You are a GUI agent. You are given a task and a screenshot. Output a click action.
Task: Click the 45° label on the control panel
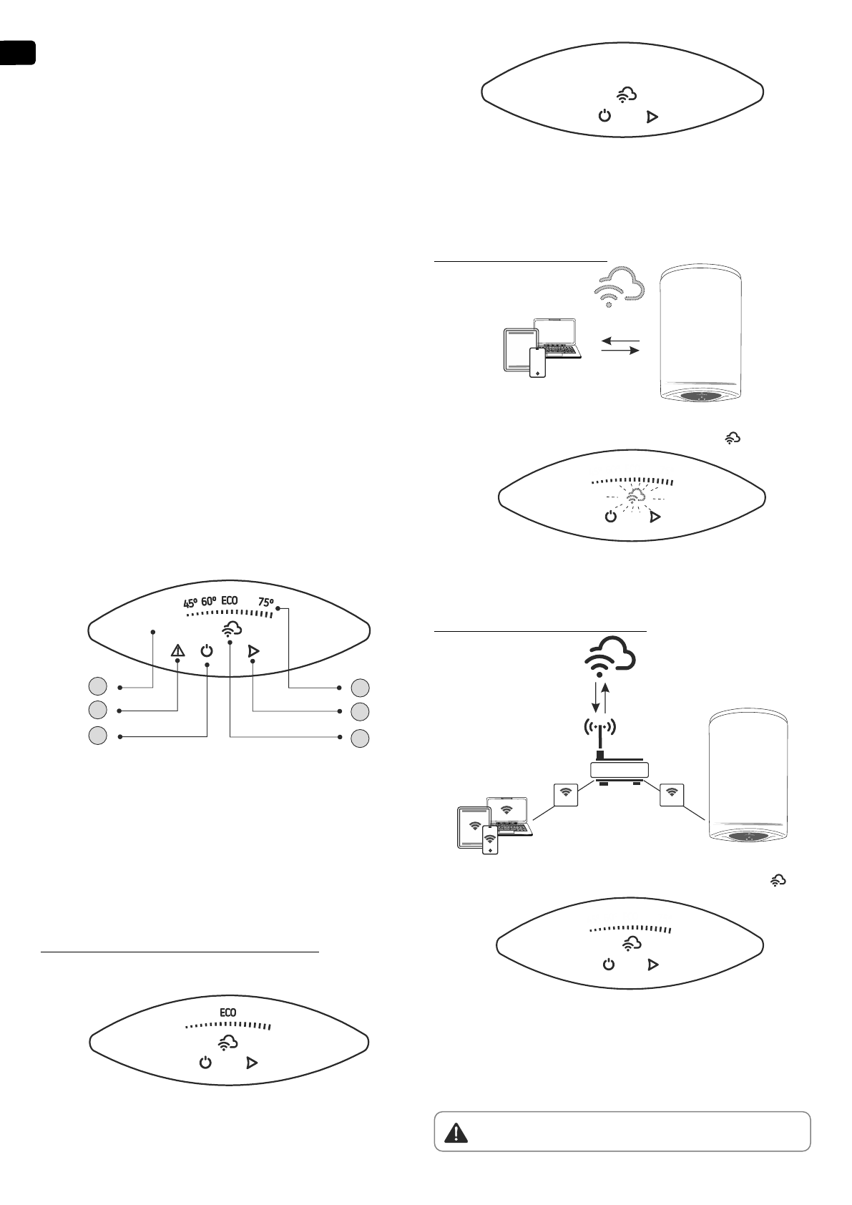click(x=190, y=602)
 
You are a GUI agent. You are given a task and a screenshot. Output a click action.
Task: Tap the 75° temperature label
click(x=266, y=602)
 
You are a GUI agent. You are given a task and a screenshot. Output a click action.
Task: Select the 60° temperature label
click(x=209, y=601)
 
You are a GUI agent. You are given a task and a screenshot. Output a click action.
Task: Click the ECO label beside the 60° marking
click(x=230, y=600)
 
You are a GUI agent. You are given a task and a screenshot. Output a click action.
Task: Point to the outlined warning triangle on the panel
click(x=177, y=650)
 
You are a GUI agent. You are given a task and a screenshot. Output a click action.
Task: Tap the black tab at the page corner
click(x=17, y=53)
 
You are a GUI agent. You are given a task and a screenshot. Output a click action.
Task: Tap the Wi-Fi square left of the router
click(x=566, y=793)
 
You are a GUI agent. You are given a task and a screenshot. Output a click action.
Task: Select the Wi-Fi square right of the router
click(x=671, y=793)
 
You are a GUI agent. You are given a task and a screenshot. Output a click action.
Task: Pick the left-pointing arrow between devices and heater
click(x=620, y=340)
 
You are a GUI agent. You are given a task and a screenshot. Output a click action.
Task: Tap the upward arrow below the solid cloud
click(x=607, y=696)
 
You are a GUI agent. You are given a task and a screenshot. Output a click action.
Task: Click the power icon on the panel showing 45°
click(x=207, y=650)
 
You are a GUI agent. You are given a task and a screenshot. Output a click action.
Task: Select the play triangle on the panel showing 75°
click(x=252, y=650)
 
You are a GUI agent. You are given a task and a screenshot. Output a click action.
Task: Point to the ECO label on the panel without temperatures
click(x=227, y=1013)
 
